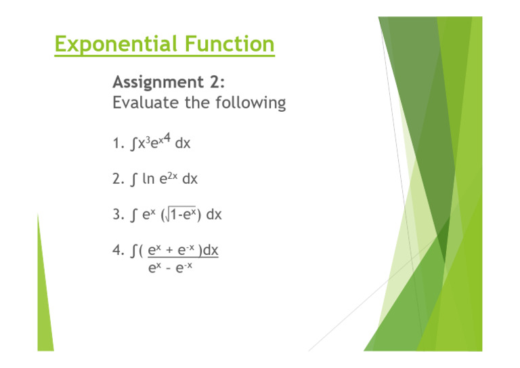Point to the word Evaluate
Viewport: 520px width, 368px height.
pos(142,104)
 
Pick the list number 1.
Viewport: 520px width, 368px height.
pos(116,144)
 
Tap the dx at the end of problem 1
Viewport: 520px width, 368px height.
pos(182,144)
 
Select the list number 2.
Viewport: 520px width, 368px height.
pos(117,180)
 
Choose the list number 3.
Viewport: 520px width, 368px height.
pos(117,216)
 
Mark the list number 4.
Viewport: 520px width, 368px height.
pos(117,251)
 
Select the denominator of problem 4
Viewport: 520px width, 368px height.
pos(171,268)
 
